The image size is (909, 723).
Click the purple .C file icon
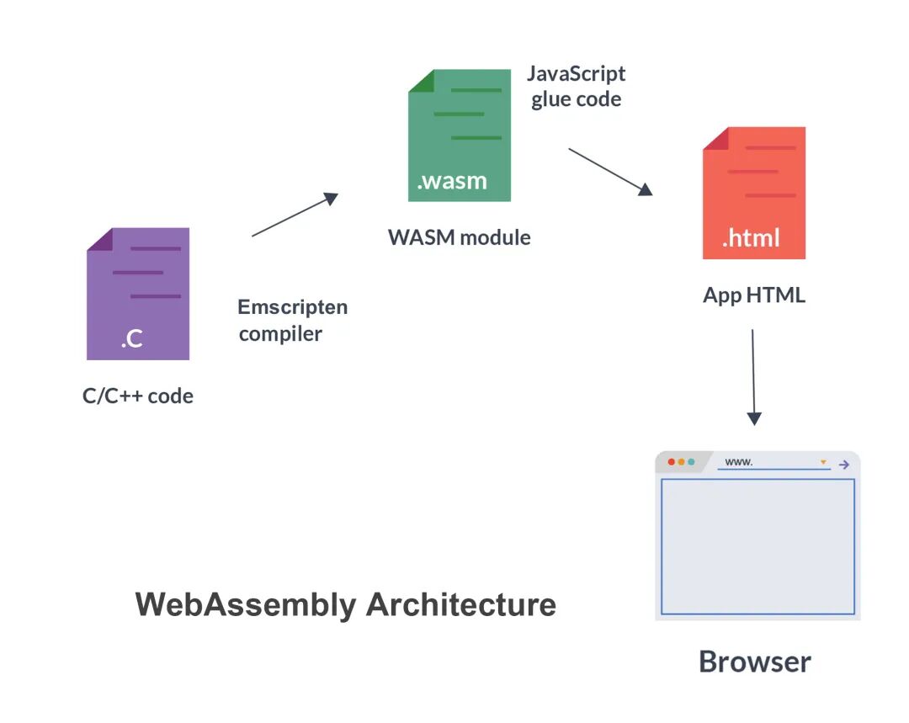click(x=138, y=294)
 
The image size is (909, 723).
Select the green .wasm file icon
click(x=460, y=136)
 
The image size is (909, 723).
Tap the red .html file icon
click(x=754, y=193)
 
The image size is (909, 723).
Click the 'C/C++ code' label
click(x=138, y=396)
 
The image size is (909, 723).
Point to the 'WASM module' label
click(x=460, y=237)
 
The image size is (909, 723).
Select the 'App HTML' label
click(x=754, y=295)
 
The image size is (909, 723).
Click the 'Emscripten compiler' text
click(x=292, y=320)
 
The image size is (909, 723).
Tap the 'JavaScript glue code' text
click(x=577, y=86)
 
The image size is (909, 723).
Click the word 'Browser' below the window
click(x=755, y=662)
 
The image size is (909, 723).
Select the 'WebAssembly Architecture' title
click(x=345, y=604)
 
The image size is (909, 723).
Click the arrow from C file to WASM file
click(x=295, y=215)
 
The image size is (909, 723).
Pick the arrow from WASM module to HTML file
click(x=610, y=172)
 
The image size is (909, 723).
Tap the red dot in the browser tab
click(x=672, y=462)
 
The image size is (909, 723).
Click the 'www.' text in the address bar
click(x=738, y=462)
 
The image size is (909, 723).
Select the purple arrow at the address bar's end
click(x=844, y=463)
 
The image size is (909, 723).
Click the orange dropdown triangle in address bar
click(x=823, y=462)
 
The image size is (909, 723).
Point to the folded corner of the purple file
click(x=98, y=239)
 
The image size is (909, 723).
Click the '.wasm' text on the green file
click(x=452, y=181)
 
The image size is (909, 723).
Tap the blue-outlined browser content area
click(x=757, y=547)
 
